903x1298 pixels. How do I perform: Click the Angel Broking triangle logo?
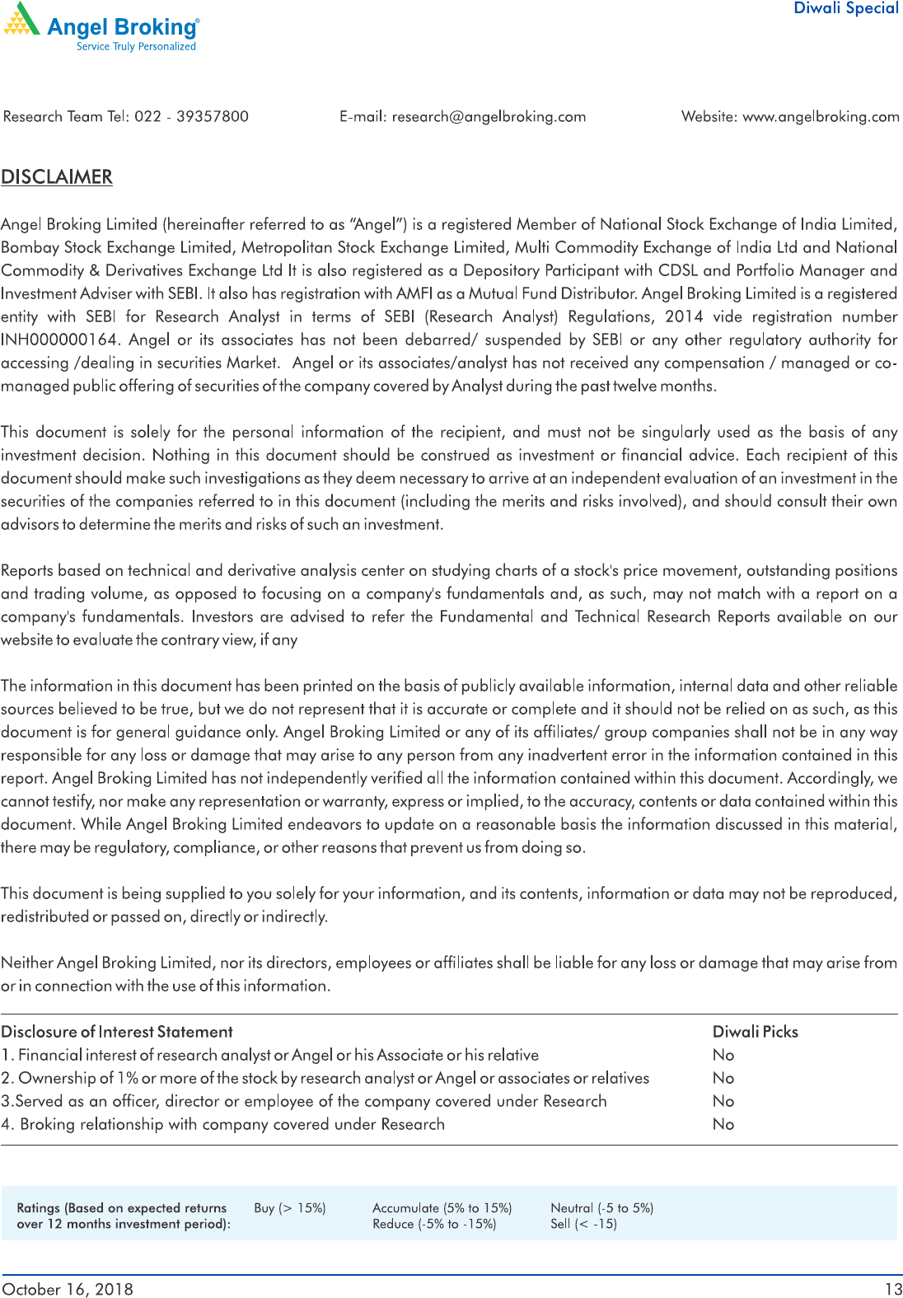click(22, 20)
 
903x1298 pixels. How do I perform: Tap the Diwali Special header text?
click(845, 8)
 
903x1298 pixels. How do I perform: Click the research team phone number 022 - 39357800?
click(191, 116)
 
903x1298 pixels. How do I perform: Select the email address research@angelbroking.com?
click(489, 116)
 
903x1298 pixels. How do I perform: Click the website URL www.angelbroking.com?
click(821, 116)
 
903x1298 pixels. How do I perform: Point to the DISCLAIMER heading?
click(57, 177)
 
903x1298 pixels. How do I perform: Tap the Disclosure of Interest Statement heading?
click(117, 1032)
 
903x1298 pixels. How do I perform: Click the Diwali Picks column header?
click(755, 1032)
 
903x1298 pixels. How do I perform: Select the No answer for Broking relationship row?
click(723, 1124)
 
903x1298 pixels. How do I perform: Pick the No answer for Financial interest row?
click(723, 1055)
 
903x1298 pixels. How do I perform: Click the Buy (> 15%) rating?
click(290, 1208)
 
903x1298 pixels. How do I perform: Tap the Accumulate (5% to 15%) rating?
click(442, 1208)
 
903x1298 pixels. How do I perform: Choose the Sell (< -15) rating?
click(583, 1224)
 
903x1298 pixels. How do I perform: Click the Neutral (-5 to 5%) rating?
click(601, 1208)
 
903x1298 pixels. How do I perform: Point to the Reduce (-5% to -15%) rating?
click(434, 1224)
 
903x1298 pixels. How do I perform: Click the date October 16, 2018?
click(68, 1289)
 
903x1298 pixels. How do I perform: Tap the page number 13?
click(893, 1289)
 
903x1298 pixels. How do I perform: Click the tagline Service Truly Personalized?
click(136, 47)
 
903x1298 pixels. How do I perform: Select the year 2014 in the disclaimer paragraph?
click(684, 316)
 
